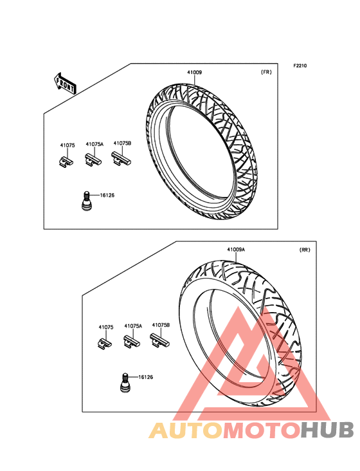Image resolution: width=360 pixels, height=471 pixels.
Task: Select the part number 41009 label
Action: click(194, 73)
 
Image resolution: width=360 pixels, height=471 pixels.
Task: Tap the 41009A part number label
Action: click(235, 250)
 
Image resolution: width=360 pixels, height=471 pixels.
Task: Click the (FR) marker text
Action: click(266, 72)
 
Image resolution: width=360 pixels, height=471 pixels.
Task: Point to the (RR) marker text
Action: click(305, 250)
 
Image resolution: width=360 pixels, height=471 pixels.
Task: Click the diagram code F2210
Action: click(300, 66)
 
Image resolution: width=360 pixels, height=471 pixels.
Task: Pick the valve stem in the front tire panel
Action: click(86, 200)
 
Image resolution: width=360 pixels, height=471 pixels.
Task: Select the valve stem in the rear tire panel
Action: click(125, 382)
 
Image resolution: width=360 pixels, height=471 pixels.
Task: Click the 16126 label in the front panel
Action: click(107, 195)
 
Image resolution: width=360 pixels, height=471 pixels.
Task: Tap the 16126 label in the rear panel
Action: click(145, 377)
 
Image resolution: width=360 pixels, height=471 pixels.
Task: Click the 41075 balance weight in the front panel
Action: click(65, 161)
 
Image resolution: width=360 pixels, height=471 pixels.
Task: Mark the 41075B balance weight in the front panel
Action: click(122, 158)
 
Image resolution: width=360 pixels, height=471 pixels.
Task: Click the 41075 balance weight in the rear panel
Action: click(104, 343)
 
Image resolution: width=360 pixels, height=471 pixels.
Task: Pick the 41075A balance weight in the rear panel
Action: click(132, 342)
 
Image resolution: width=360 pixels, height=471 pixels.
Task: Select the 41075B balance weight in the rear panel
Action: click(159, 340)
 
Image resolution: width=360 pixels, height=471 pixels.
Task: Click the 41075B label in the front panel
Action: click(122, 143)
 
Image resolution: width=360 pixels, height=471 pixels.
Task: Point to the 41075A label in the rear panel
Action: click(133, 326)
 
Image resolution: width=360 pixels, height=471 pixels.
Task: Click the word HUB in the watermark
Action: click(328, 430)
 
